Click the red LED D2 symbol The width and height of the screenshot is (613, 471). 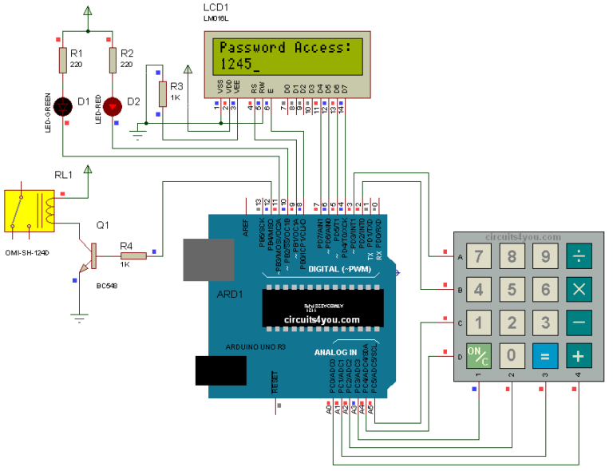point(113,103)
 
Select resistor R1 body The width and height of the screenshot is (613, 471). point(63,59)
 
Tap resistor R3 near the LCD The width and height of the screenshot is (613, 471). point(163,93)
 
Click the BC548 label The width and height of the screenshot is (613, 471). point(108,285)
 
